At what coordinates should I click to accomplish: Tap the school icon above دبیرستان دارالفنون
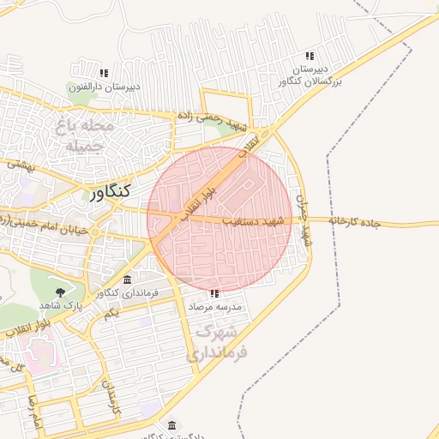[x=104, y=74]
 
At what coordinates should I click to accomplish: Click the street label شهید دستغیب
[x=252, y=220]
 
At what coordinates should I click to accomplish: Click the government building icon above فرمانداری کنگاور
[x=128, y=280]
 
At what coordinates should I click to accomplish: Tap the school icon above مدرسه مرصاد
[x=213, y=292]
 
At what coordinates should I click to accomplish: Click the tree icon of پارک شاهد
[x=59, y=294]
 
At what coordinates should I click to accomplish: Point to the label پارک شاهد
[x=61, y=306]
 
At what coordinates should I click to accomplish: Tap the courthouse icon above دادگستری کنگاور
[x=172, y=425]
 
